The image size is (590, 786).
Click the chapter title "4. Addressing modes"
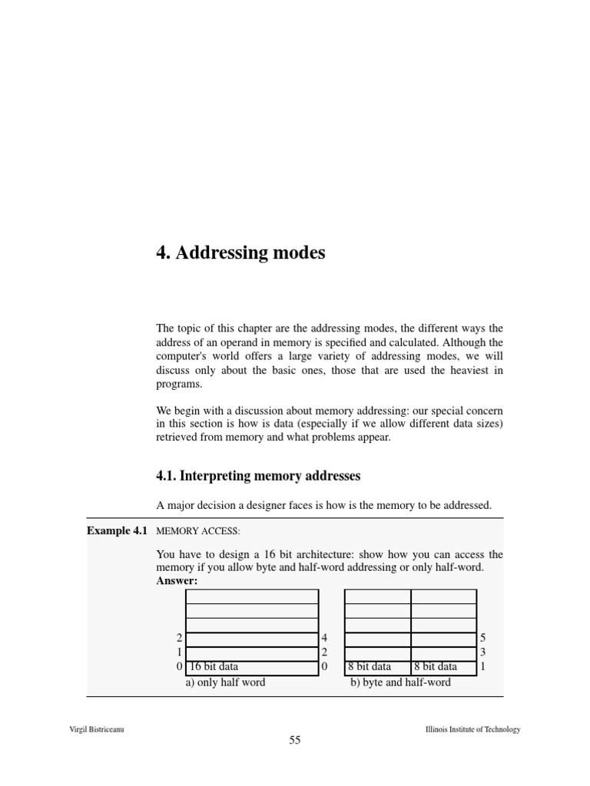(x=240, y=253)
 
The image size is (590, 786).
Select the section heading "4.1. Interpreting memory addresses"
(x=258, y=476)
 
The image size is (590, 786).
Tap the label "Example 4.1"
(x=118, y=530)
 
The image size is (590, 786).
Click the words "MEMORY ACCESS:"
(x=198, y=531)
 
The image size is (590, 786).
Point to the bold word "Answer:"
(x=177, y=580)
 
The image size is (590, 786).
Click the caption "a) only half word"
(x=225, y=682)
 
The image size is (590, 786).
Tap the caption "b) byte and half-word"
(x=400, y=682)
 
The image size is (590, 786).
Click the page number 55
(x=295, y=741)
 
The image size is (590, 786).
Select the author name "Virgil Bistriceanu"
(x=97, y=729)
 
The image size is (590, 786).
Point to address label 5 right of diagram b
(x=482, y=638)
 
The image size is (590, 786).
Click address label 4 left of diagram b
(x=324, y=638)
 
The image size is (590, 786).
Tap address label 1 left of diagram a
(x=179, y=652)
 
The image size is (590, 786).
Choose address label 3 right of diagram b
(x=482, y=652)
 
